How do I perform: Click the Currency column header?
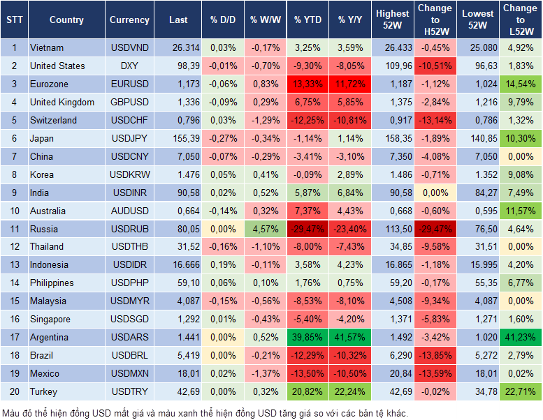point(129,20)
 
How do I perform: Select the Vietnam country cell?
point(47,48)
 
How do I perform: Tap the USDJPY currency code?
point(129,139)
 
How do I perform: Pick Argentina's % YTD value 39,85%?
point(308,338)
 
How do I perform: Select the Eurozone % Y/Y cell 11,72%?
point(351,84)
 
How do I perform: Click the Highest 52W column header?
point(392,20)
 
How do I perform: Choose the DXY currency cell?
point(129,66)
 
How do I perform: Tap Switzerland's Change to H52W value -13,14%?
point(435,121)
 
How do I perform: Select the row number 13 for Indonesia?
point(14,265)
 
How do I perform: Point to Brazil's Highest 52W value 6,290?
point(392,356)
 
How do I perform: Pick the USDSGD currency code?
point(129,320)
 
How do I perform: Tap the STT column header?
point(14,20)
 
